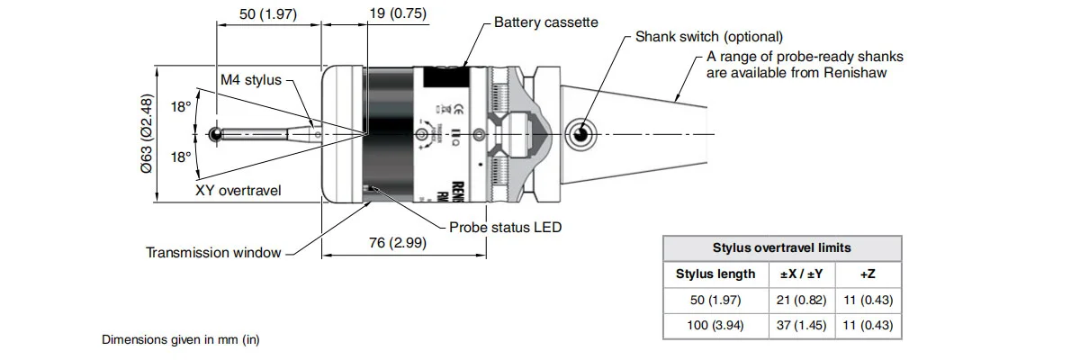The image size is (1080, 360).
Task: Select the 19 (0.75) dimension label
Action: coord(398,13)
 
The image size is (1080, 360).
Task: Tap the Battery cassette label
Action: coord(545,22)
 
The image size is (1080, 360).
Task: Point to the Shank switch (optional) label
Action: coord(709,37)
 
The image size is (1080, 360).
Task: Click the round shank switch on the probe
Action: coord(580,135)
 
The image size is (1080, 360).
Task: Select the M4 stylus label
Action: coord(251,80)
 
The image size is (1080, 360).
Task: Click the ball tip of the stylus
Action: coord(216,135)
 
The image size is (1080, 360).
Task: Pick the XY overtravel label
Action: coord(238,191)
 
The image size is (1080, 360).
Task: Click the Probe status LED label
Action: coord(505,227)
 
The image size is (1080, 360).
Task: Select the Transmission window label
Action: coord(213,253)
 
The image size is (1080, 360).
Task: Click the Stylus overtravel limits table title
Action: coord(781,247)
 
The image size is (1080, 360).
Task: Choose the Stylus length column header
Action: coord(715,274)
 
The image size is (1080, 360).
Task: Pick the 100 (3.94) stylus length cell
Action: coord(715,325)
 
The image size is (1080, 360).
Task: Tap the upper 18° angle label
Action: coord(181,107)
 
